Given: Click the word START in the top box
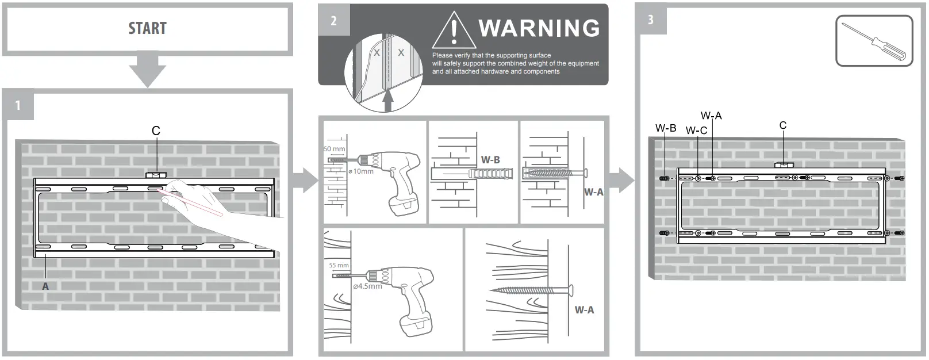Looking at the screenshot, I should (147, 28).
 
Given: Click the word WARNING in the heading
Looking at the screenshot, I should (539, 28).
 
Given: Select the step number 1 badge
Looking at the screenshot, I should (18, 105).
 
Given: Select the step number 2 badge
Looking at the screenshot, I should (333, 21).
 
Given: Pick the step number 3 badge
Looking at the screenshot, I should (651, 20).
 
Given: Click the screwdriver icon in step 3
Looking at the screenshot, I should (874, 41).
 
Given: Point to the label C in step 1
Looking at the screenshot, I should (156, 131).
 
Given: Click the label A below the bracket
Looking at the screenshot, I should (45, 286).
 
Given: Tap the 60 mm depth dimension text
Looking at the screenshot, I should (334, 149).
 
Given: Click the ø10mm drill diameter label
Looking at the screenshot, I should (361, 171).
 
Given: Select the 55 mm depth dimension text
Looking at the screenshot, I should (339, 265).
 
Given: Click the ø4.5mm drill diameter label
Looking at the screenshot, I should (367, 286).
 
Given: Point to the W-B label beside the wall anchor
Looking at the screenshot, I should (490, 160).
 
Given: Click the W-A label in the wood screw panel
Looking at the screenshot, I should (584, 310).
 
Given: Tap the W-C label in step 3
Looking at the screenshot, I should (696, 131).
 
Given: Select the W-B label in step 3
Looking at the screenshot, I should (666, 128).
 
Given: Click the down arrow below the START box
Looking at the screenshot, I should (147, 70).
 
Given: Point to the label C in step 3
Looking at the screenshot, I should (782, 125).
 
